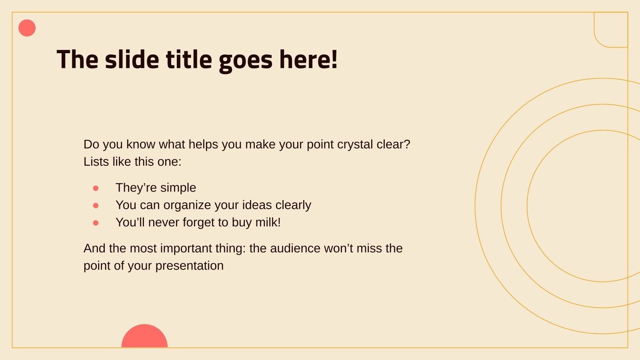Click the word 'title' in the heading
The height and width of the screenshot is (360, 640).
coord(189,60)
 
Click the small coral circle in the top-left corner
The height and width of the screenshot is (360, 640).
coord(27,28)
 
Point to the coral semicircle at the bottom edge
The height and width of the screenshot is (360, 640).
coord(144,337)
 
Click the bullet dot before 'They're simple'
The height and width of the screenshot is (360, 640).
coord(96,188)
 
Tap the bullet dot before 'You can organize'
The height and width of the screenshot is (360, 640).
coord(96,206)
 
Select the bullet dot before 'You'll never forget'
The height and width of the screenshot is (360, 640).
coord(96,223)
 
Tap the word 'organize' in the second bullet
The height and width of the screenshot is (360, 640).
coord(187,205)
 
